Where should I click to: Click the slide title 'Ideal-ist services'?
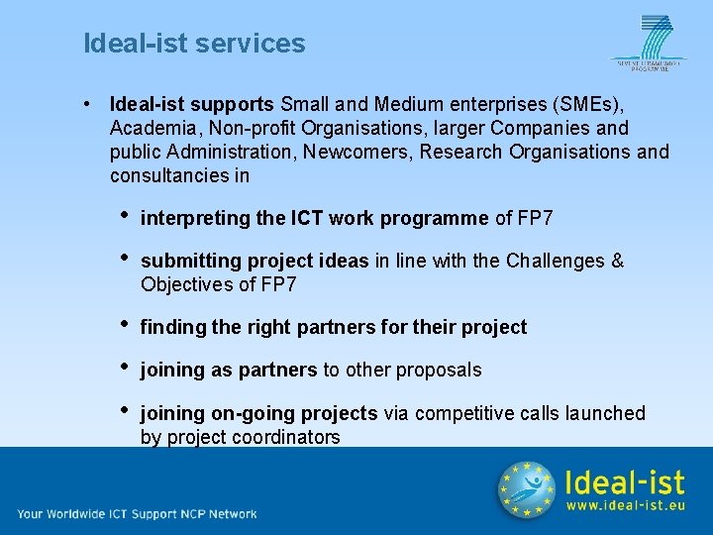(x=194, y=44)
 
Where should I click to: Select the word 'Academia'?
(x=151, y=128)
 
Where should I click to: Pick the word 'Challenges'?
(x=558, y=261)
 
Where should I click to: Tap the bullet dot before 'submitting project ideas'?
(x=123, y=258)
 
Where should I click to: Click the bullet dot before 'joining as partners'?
(x=123, y=367)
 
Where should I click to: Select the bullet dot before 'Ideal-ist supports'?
(x=89, y=103)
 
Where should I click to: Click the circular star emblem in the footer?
(x=526, y=489)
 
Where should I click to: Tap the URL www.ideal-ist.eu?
(x=625, y=506)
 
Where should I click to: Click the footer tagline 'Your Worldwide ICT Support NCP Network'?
(x=137, y=513)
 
